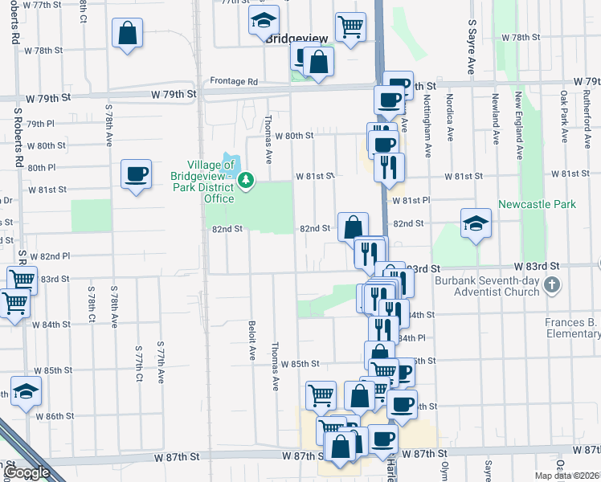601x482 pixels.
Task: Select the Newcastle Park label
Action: pos(537,204)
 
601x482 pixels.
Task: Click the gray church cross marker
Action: pos(552,285)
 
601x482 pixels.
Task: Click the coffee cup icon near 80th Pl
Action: pos(135,174)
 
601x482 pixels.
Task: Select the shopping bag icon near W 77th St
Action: pos(127,35)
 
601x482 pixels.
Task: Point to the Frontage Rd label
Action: pos(234,81)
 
